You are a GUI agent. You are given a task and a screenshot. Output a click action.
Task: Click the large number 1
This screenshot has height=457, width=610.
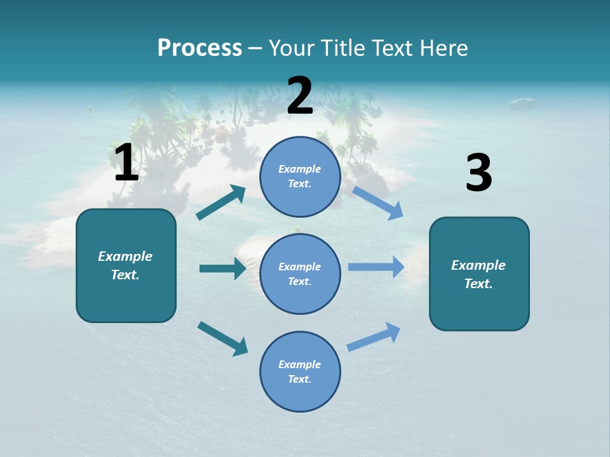point(126,162)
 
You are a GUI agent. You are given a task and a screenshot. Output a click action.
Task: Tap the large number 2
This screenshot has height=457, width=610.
point(300,96)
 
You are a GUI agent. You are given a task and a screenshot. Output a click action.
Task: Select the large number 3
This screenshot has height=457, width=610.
point(478,173)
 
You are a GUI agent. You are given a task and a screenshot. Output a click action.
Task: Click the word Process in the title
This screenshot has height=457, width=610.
point(200,48)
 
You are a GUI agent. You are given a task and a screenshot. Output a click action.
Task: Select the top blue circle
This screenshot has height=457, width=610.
point(300,176)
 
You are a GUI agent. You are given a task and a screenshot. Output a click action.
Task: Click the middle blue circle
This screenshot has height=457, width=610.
point(300,274)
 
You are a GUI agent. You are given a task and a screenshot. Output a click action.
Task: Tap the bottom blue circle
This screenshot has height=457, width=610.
point(300,371)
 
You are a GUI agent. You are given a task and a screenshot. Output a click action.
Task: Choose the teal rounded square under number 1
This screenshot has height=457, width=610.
point(126,265)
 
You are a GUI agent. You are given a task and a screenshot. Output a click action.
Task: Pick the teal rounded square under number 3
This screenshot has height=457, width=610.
point(479,274)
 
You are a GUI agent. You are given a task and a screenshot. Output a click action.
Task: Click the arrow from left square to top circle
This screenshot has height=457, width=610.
point(221,203)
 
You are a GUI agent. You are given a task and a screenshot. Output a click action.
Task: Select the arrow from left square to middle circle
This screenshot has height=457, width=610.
point(222,268)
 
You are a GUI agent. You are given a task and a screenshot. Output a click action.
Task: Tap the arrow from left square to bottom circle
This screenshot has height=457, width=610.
point(222,338)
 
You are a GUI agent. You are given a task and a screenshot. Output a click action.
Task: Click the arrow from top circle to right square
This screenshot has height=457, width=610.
point(377,203)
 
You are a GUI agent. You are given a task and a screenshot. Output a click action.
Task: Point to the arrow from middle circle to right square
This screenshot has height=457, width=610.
point(376,267)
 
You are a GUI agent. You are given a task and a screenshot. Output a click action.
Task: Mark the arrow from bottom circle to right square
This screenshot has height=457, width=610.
point(374,337)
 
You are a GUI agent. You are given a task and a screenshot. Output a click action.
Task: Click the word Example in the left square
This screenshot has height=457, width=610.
point(125,256)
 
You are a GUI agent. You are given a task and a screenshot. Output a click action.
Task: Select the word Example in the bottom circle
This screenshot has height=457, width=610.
point(299,364)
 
